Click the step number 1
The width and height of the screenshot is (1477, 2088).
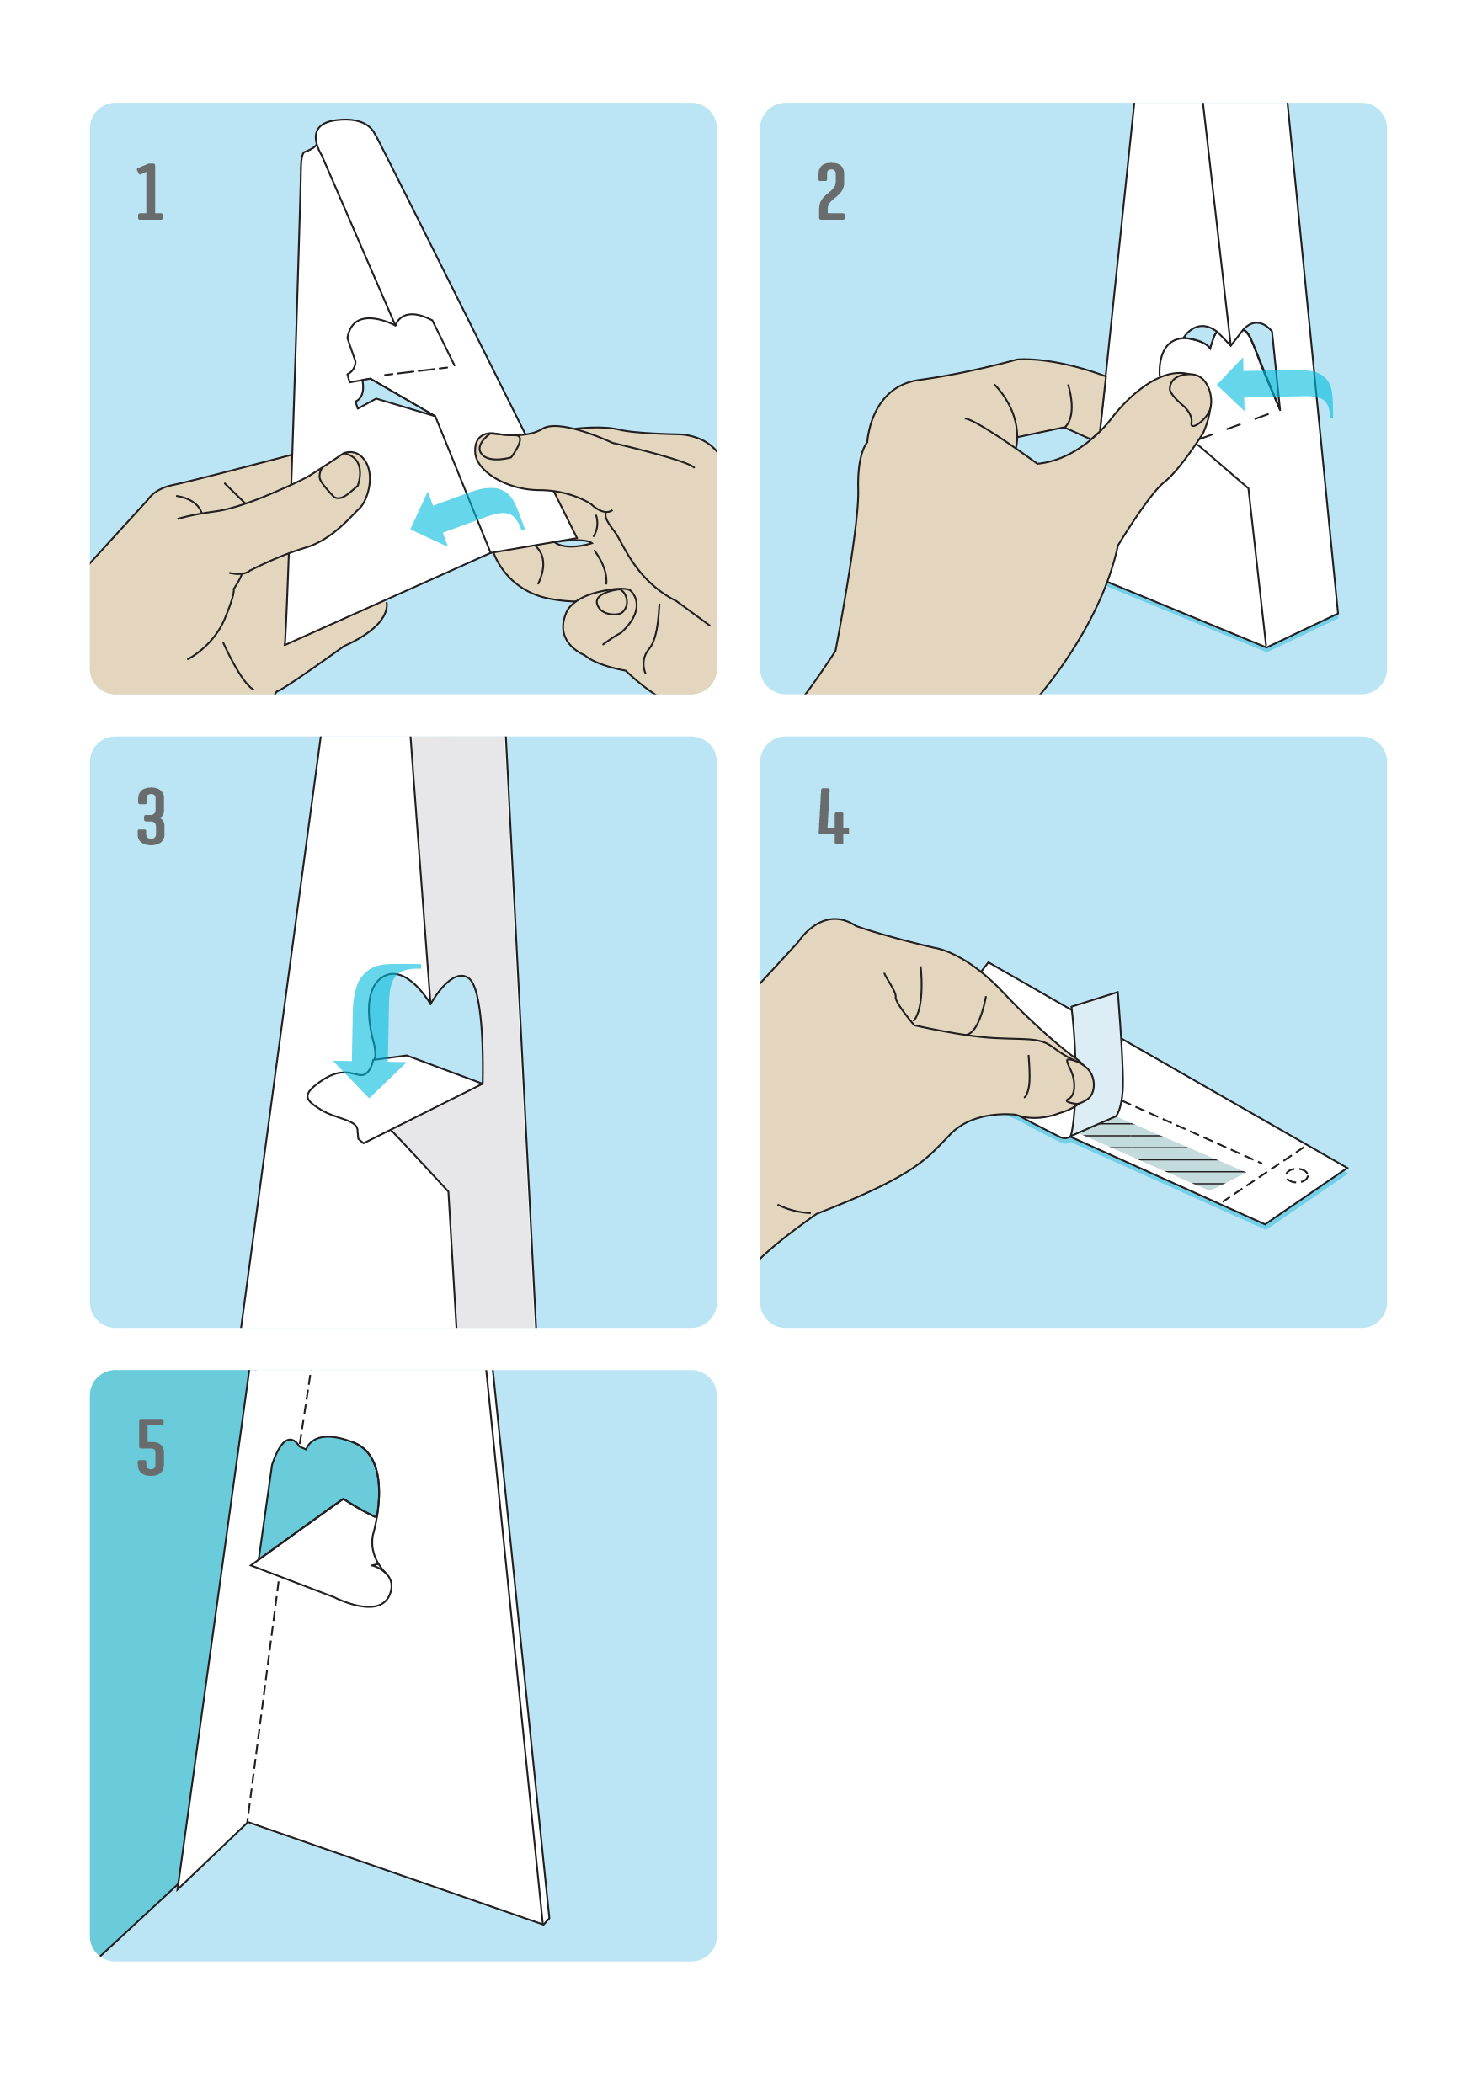click(x=150, y=191)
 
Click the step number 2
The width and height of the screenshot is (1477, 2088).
click(x=831, y=191)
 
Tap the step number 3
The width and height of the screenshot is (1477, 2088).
click(x=151, y=816)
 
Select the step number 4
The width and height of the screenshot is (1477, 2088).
click(x=833, y=816)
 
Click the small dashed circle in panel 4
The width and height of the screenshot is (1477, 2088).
click(x=1297, y=1176)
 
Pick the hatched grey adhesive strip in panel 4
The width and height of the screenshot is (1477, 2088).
click(x=1164, y=1155)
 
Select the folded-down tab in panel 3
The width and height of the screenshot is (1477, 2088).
click(x=391, y=1096)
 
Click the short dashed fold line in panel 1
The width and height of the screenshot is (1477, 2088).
click(x=417, y=371)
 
